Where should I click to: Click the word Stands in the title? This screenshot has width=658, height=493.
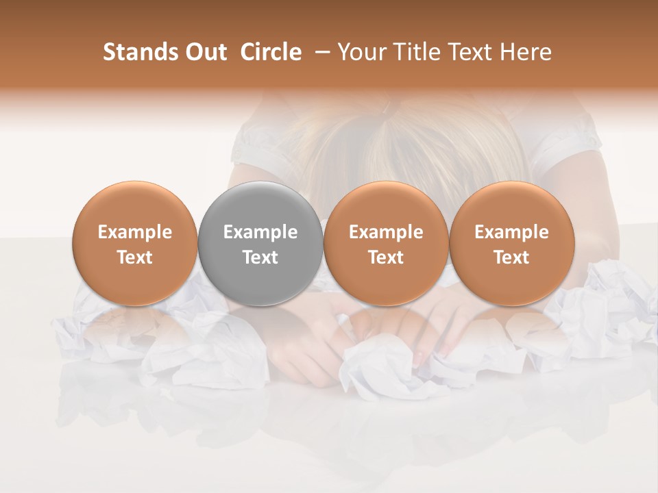click(140, 52)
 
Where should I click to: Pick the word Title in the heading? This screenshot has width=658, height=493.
click(418, 52)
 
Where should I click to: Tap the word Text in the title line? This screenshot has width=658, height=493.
click(474, 52)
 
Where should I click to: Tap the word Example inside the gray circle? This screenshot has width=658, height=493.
click(260, 232)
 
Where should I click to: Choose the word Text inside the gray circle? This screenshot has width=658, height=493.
click(260, 257)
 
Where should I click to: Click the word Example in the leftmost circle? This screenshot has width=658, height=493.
click(135, 232)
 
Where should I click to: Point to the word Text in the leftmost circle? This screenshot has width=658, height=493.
click(135, 257)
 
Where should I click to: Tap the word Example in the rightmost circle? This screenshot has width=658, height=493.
click(511, 232)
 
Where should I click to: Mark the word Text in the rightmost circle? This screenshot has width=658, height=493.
click(511, 257)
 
